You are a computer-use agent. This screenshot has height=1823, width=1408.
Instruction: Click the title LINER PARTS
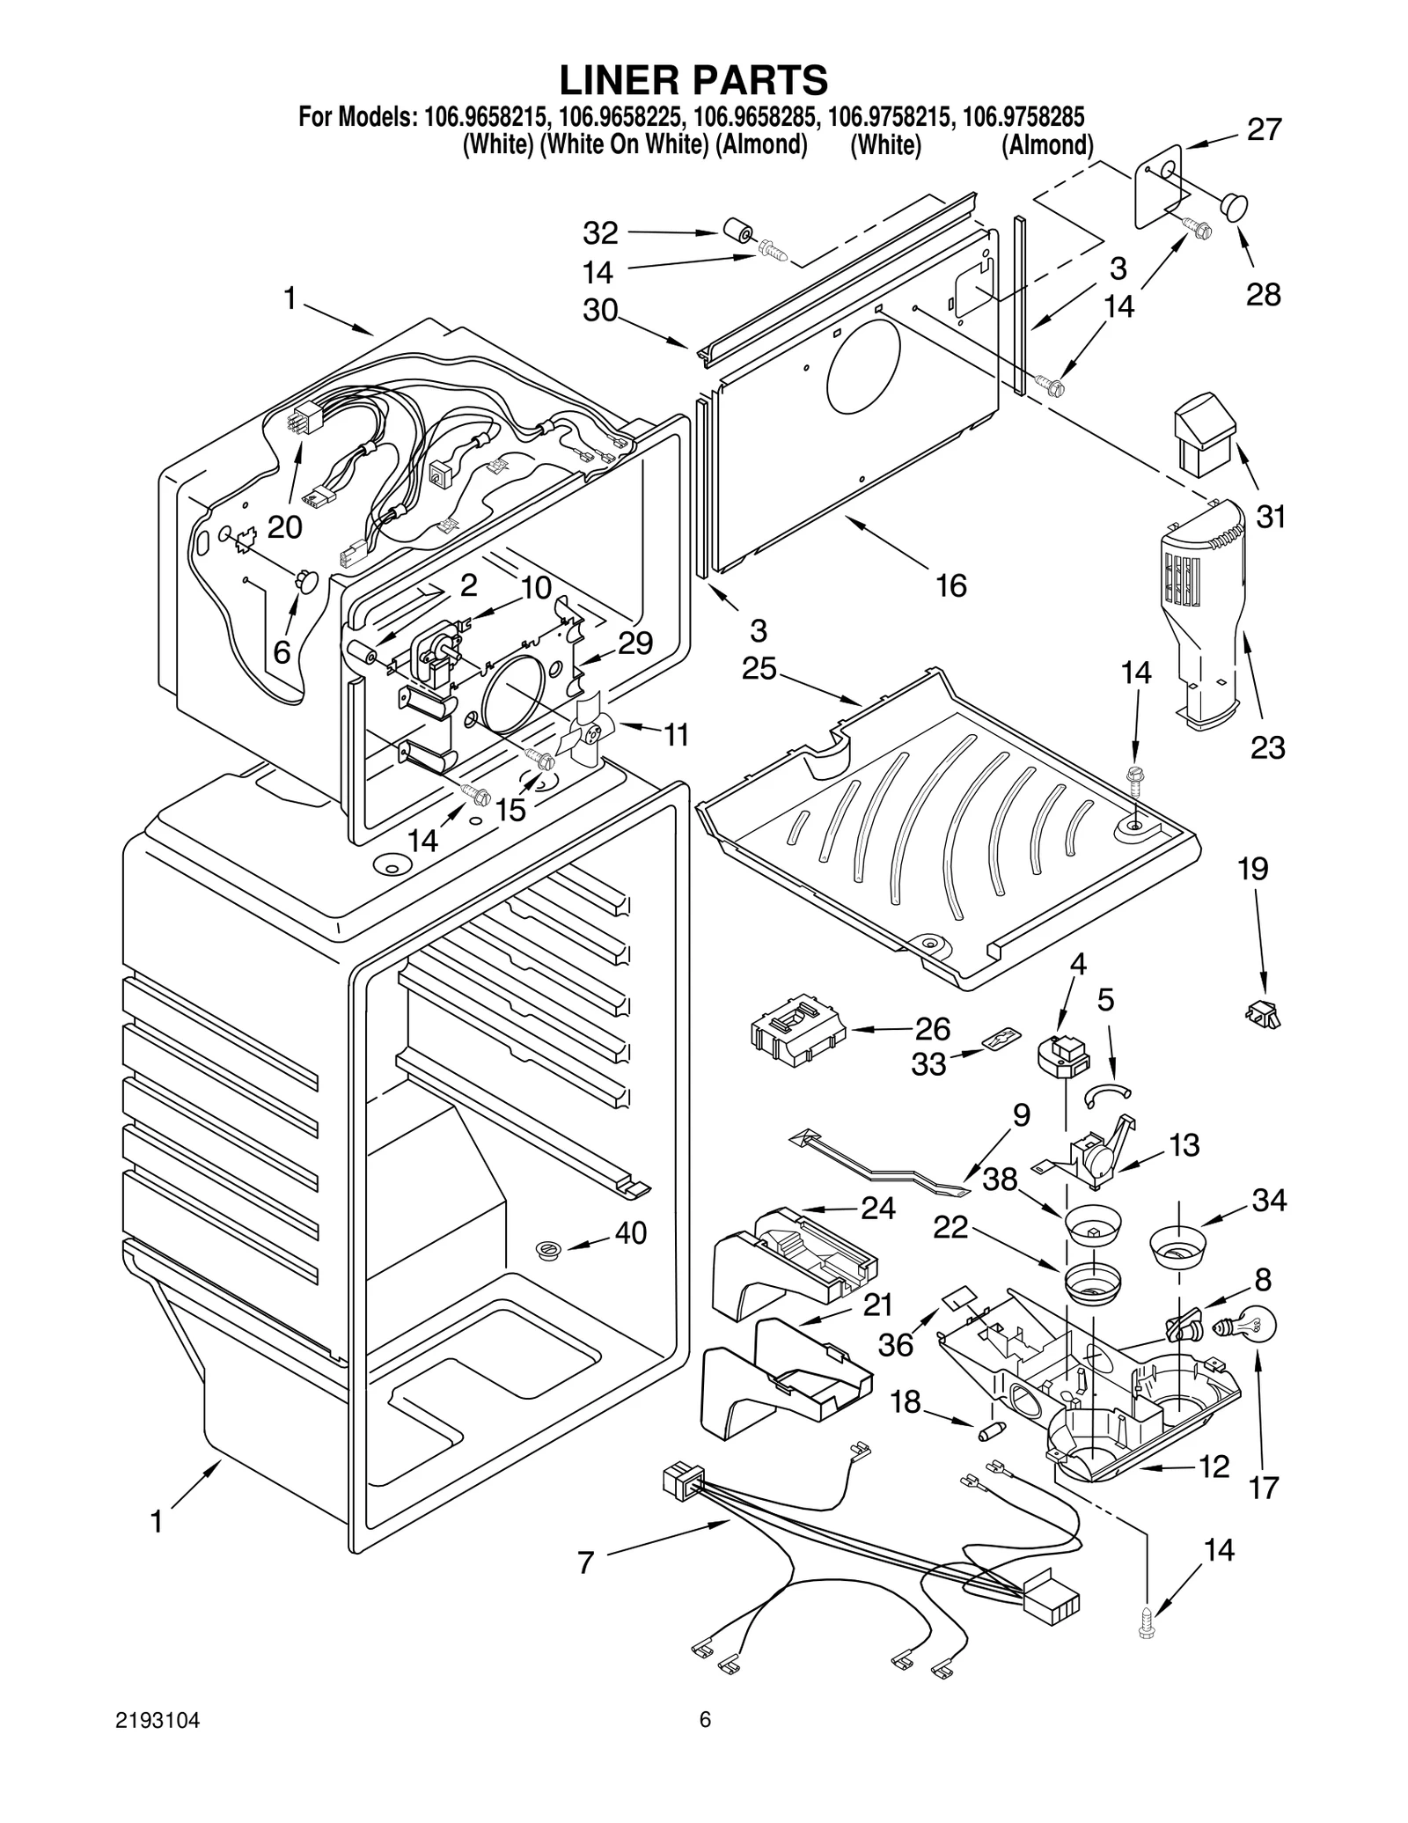coord(694,80)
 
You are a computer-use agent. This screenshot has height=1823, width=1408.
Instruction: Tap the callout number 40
coord(630,1233)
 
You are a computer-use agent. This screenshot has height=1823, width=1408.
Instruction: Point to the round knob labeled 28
coord(1234,207)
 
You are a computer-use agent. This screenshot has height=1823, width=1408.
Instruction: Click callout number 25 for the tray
coord(759,669)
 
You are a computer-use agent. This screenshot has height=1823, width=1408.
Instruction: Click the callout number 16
coord(950,584)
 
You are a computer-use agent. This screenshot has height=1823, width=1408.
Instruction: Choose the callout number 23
coord(1267,748)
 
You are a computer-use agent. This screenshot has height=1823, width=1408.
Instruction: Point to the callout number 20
coord(284,527)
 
